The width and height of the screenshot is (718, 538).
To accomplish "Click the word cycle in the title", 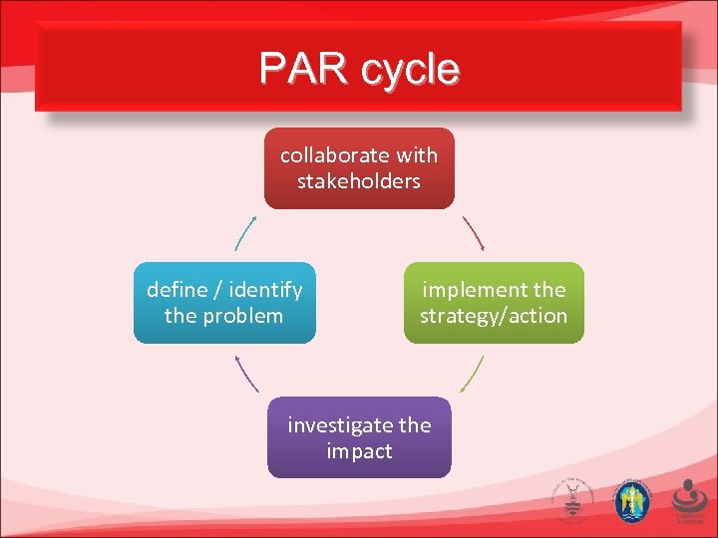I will [412, 70].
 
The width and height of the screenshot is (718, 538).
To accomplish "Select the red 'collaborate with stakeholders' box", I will [359, 167].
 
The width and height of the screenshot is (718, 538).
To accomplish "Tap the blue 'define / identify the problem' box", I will [224, 303].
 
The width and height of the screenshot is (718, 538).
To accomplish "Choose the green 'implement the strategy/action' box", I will [494, 303].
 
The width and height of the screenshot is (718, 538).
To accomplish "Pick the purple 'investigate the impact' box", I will [359, 437].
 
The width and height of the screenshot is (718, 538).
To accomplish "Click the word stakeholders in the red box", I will [359, 181].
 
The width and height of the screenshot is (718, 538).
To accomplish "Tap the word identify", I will [265, 290].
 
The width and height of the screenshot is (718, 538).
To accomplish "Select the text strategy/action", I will [494, 316].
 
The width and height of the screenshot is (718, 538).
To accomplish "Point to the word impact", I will [359, 451].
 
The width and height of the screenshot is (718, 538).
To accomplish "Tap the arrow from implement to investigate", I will [474, 373].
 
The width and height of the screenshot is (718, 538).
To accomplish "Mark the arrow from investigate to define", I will [245, 373].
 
